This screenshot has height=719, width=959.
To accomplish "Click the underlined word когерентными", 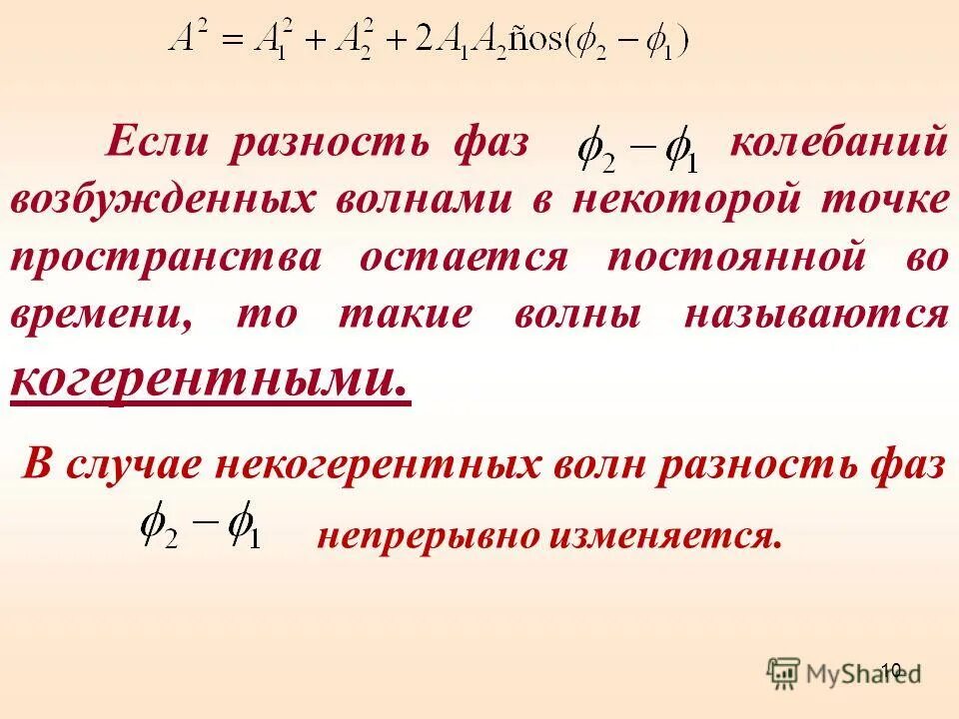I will pos(210,379).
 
